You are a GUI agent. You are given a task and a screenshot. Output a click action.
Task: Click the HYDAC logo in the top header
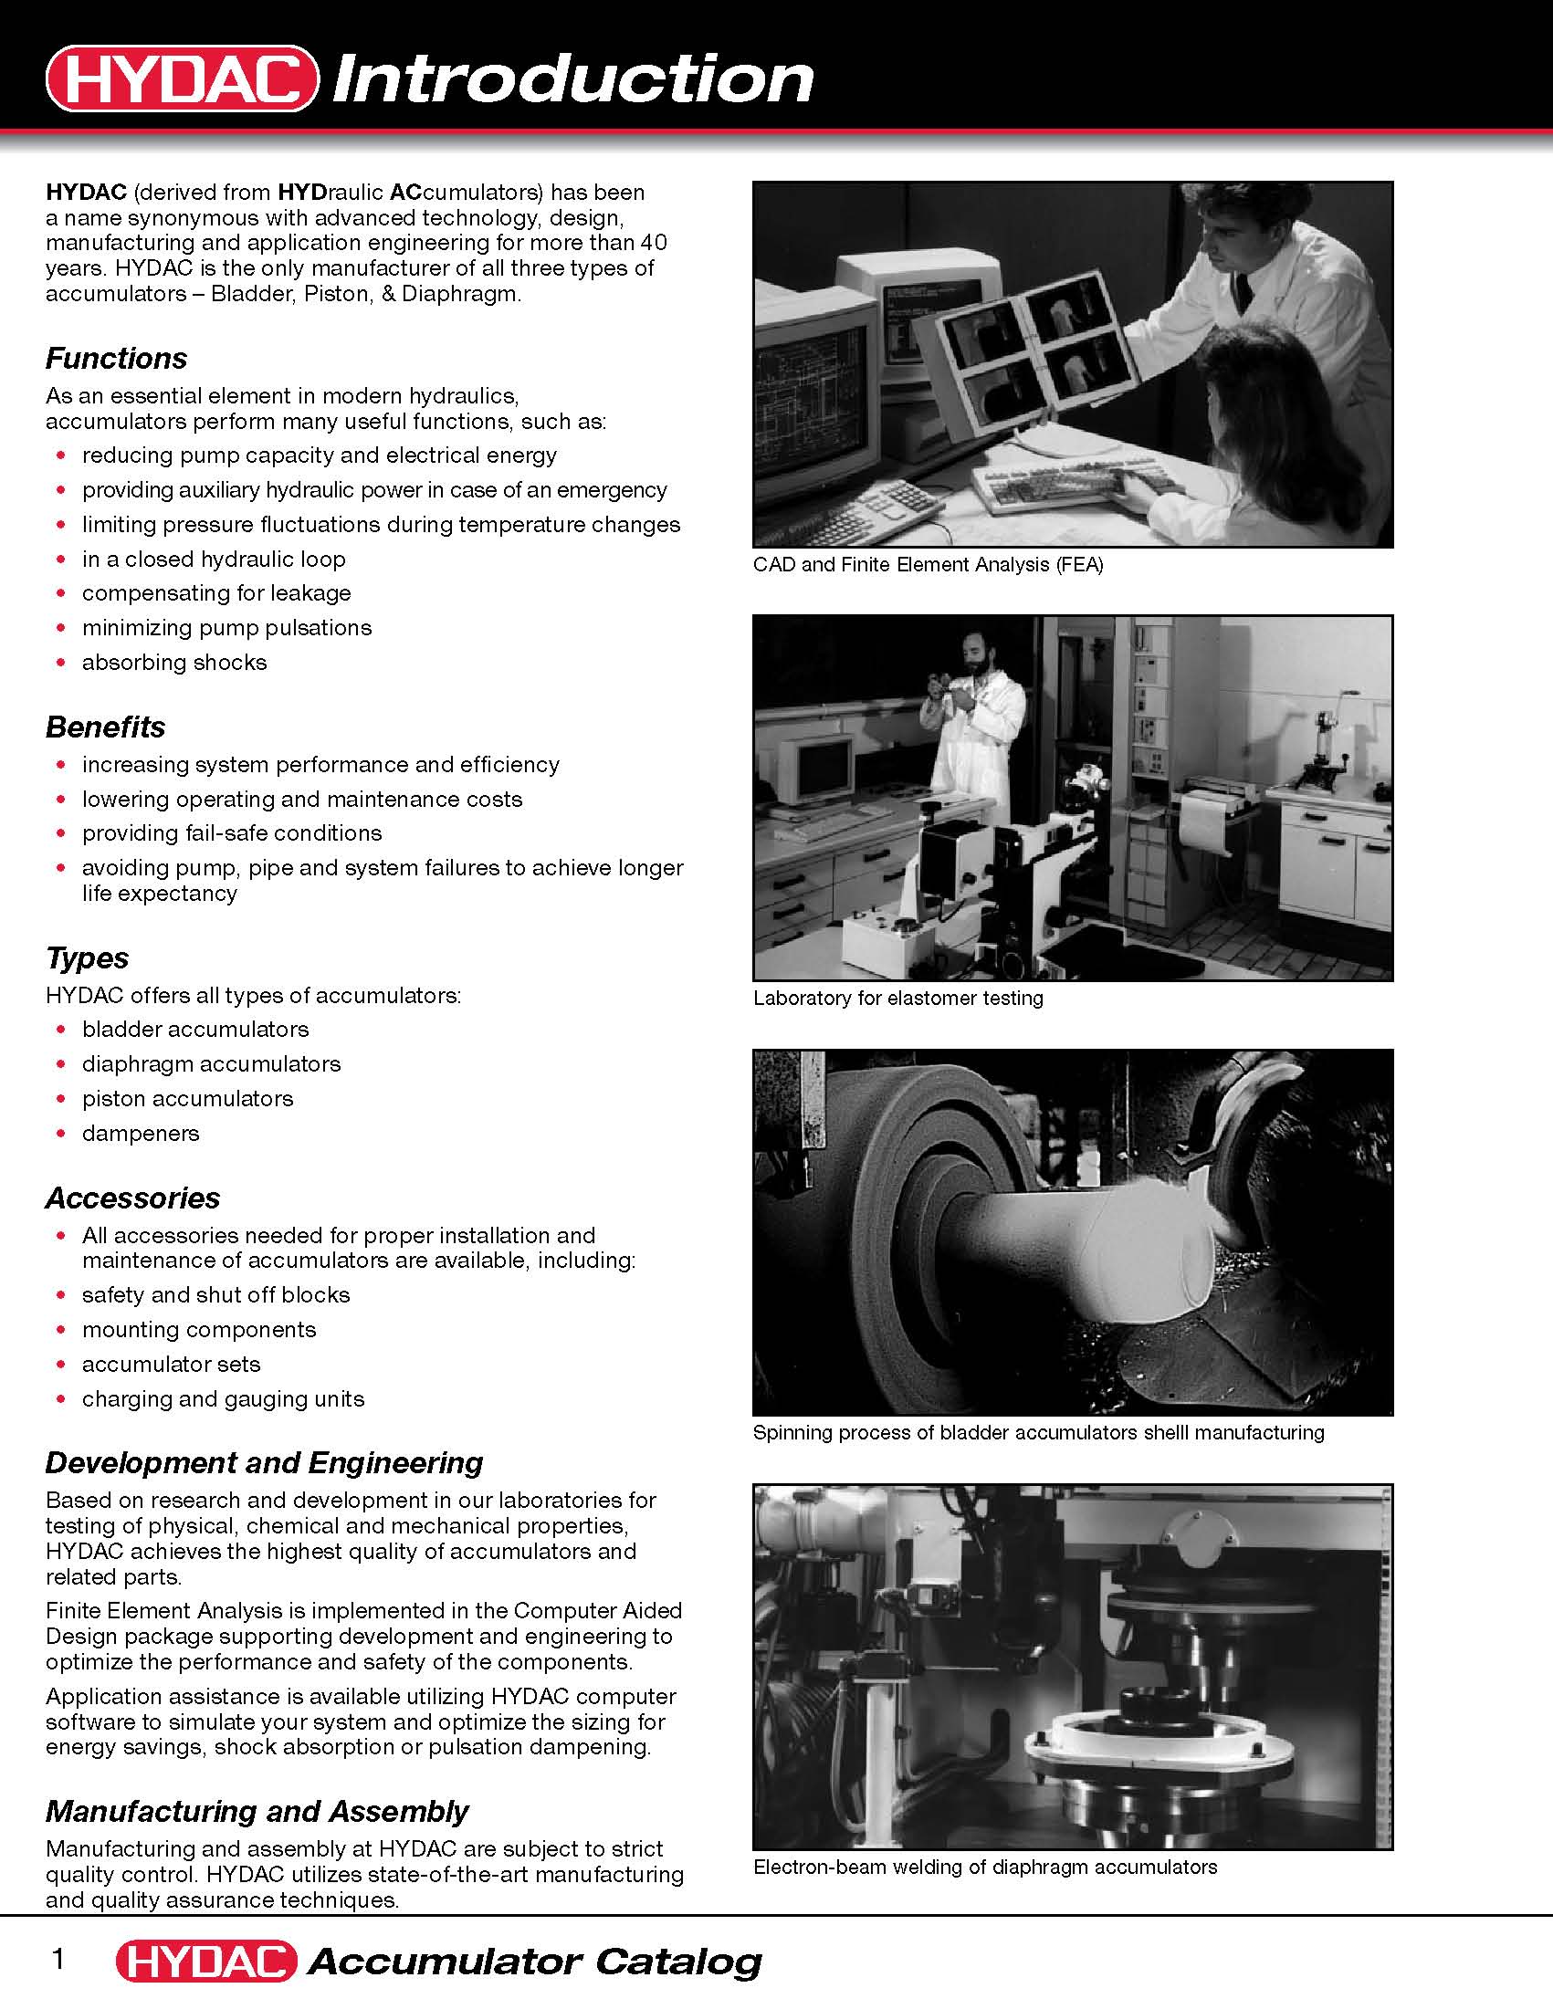(183, 78)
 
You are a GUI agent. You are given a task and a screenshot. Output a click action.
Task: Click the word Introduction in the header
(572, 78)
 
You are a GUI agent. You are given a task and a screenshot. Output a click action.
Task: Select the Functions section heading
(116, 358)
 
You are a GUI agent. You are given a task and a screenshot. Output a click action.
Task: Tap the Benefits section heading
(105, 727)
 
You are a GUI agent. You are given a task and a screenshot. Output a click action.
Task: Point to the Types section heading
(87, 957)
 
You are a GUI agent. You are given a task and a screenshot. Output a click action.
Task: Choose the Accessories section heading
(132, 1198)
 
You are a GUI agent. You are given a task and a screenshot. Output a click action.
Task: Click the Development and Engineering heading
(264, 1462)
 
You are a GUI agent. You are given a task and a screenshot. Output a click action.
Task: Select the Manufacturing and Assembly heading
(257, 1810)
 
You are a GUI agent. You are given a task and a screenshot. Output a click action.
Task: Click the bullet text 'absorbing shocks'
(173, 663)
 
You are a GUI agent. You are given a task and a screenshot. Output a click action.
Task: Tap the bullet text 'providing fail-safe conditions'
(232, 832)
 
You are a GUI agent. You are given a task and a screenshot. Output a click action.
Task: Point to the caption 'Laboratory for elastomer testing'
(898, 998)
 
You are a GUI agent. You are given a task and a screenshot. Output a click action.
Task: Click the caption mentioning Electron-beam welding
(984, 1867)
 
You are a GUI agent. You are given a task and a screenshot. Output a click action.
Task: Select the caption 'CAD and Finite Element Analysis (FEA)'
(928, 564)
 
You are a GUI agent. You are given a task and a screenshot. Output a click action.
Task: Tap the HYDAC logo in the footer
(206, 1962)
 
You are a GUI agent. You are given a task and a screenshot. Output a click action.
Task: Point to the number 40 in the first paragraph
(653, 243)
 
